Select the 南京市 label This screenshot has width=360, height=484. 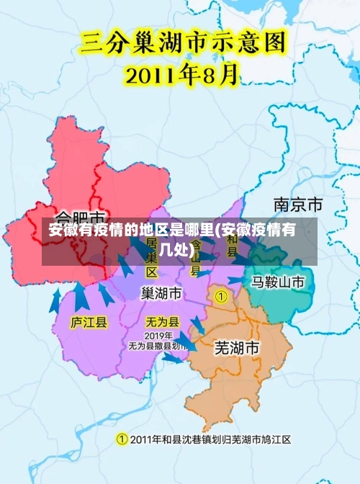click(297, 204)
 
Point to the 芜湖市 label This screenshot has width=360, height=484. click(237, 348)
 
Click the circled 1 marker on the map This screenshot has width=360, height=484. click(221, 296)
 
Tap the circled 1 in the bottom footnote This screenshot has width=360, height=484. click(122, 439)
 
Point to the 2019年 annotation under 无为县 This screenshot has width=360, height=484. click(158, 336)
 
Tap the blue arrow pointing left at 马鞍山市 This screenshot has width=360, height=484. click(236, 280)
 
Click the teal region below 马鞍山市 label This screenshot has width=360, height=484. click(281, 302)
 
